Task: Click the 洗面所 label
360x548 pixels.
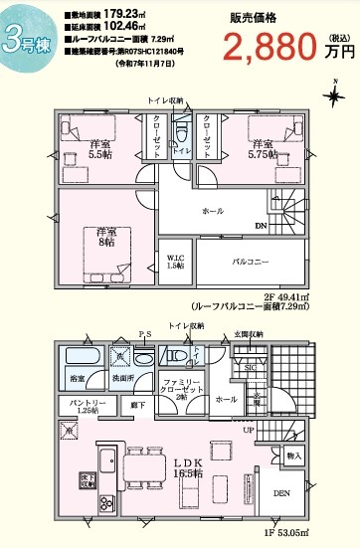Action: tap(121, 378)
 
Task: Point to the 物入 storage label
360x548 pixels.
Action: tap(294, 456)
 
